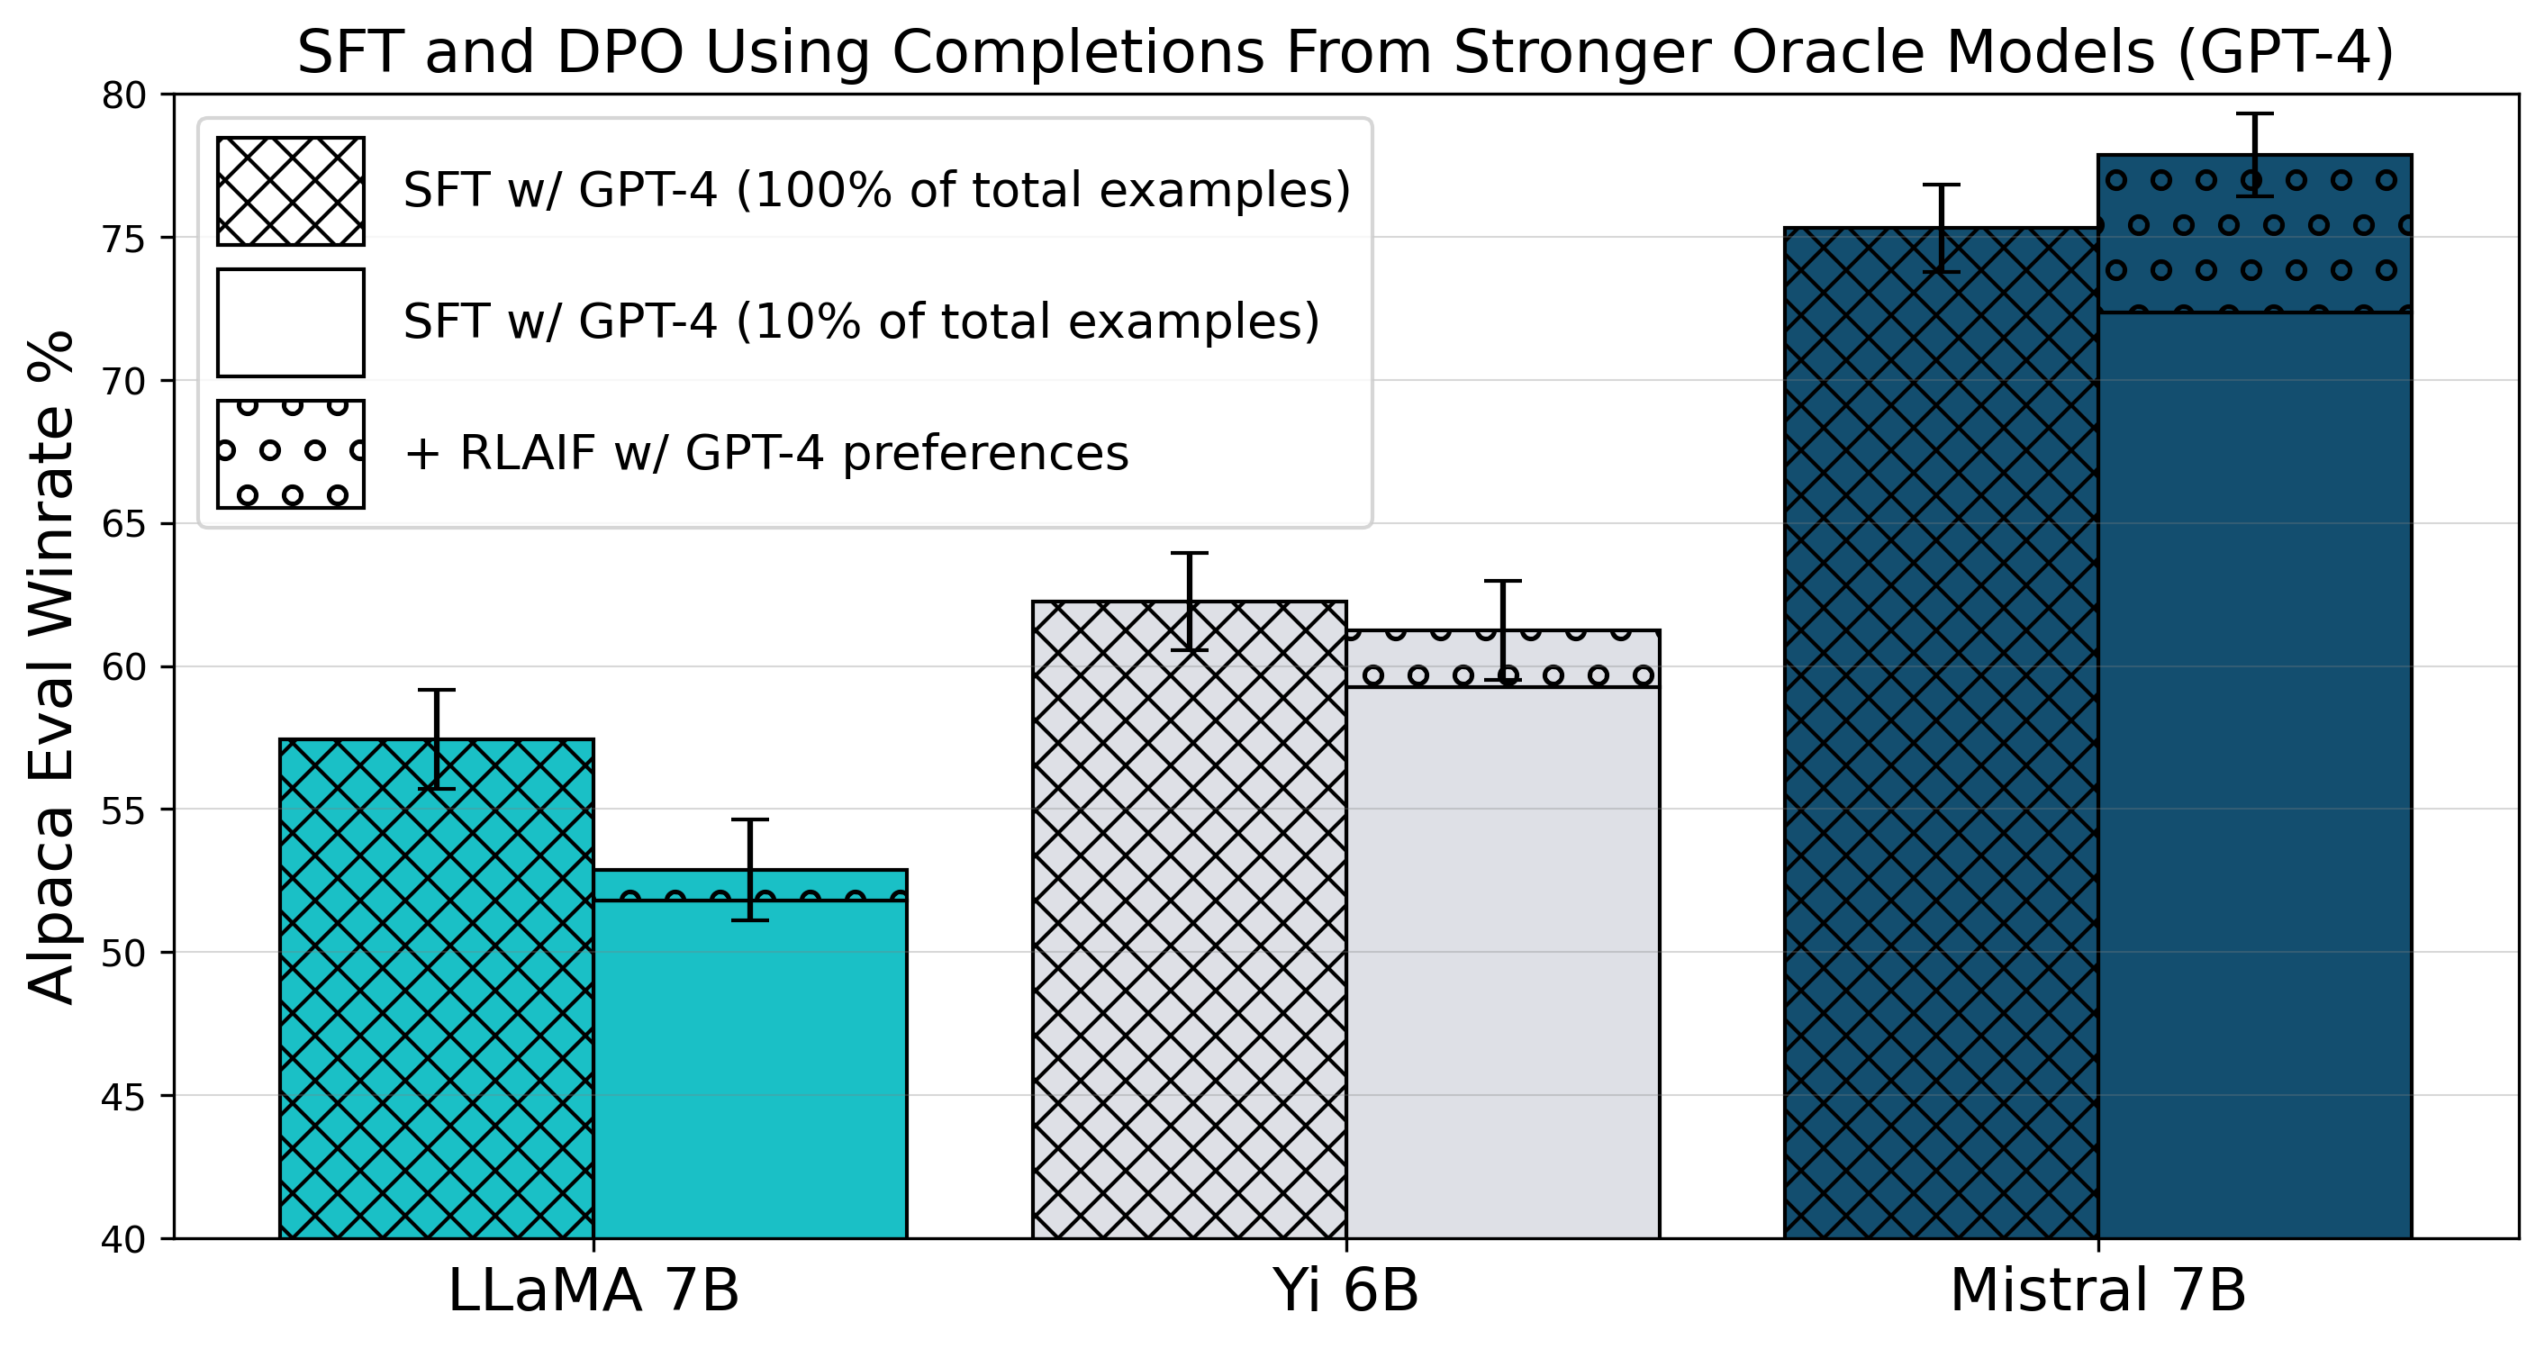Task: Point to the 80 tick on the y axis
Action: point(123,95)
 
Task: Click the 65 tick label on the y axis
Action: point(123,524)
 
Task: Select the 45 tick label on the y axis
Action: point(123,1096)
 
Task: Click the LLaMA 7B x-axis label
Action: point(593,1290)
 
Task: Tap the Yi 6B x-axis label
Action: point(1345,1290)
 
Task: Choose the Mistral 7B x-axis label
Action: point(2098,1290)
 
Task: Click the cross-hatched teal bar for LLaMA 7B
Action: point(437,988)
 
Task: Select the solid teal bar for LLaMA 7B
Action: point(750,1069)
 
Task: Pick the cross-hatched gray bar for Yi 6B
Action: point(1190,919)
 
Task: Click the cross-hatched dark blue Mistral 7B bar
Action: point(1942,732)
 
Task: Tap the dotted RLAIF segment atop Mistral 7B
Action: point(2254,233)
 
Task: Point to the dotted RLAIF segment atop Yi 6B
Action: point(1503,658)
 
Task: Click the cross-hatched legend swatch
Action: point(291,191)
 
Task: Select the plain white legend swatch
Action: point(291,322)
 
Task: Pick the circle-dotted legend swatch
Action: point(291,454)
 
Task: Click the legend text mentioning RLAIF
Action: point(765,454)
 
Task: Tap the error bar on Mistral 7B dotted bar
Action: point(2254,155)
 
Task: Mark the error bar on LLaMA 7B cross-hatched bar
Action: point(437,738)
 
